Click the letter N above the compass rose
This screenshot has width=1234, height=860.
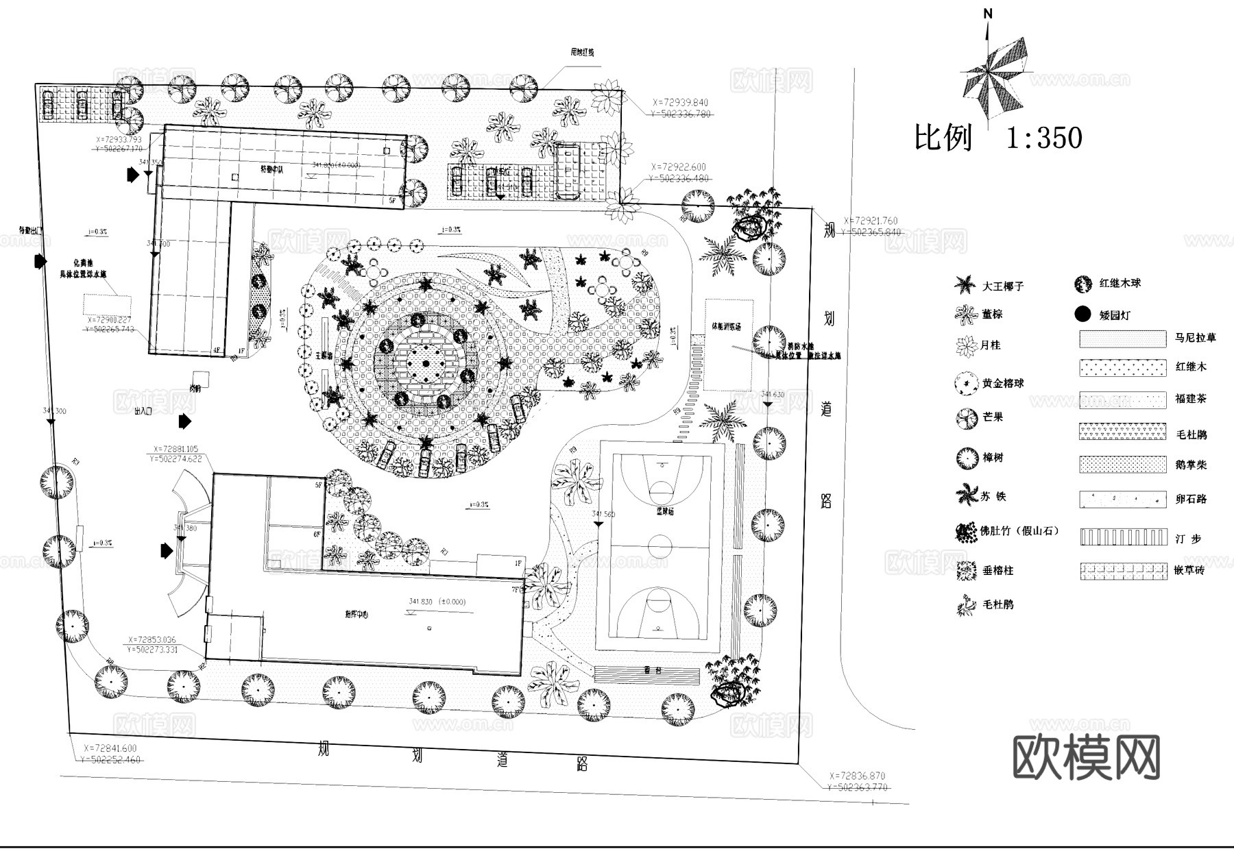pyautogui.click(x=988, y=14)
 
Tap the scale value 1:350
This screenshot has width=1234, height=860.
pyautogui.click(x=1043, y=138)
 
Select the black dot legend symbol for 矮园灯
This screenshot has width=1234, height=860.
pyautogui.click(x=1082, y=315)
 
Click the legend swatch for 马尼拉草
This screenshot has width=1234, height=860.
pyautogui.click(x=1122, y=339)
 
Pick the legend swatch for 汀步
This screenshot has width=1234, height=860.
pyautogui.click(x=1122, y=537)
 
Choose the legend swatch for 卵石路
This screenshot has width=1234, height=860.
pyautogui.click(x=1122, y=498)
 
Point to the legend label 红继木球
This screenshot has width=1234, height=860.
pyautogui.click(x=1120, y=283)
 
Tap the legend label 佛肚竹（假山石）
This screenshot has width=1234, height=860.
pyautogui.click(x=1020, y=530)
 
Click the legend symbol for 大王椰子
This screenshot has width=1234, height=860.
pyautogui.click(x=965, y=285)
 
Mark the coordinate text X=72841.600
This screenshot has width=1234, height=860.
pyautogui.click(x=110, y=749)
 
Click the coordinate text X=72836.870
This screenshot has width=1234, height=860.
pyautogui.click(x=857, y=776)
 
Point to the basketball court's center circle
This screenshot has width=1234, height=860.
pyautogui.click(x=660, y=546)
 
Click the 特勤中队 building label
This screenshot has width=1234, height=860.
pyautogui.click(x=271, y=169)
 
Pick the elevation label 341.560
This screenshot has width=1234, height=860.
pyautogui.click(x=603, y=514)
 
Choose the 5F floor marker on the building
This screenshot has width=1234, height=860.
pyautogui.click(x=392, y=201)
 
